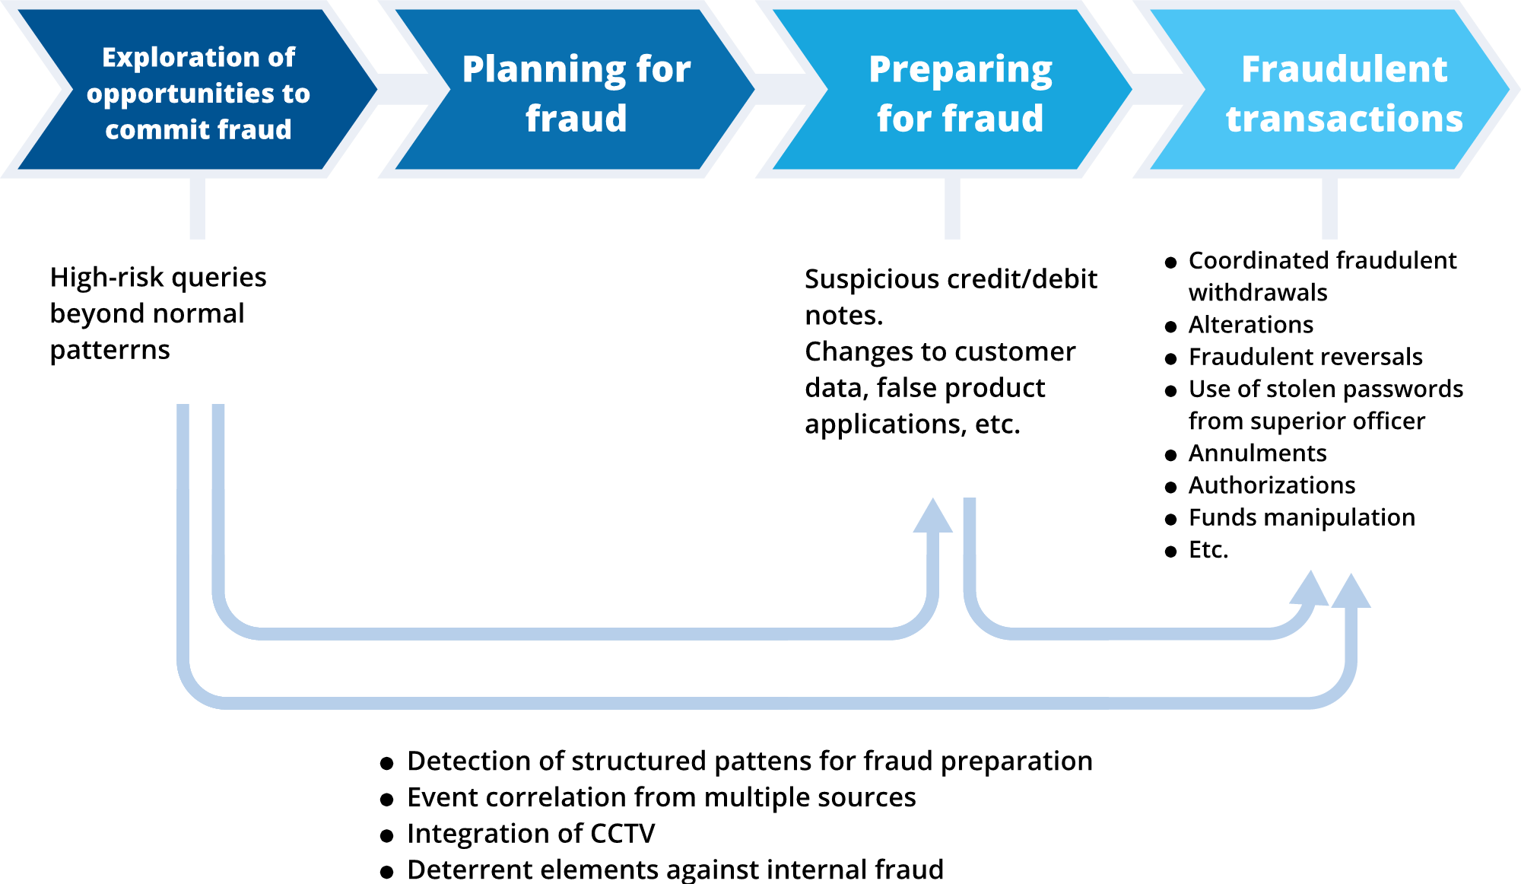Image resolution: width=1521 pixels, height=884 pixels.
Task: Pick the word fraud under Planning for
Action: pos(576,119)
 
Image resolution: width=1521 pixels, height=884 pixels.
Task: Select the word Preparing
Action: pos(961,71)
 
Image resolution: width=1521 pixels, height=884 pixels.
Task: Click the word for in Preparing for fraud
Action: pos(904,119)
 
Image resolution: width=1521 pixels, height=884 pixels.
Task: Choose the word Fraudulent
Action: pos(1344,69)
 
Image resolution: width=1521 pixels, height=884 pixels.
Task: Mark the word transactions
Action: pos(1344,119)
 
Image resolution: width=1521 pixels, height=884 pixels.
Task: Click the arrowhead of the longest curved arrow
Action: pos(1351,592)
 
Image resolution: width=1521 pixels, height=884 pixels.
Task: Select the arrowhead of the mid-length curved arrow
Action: pos(932,517)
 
